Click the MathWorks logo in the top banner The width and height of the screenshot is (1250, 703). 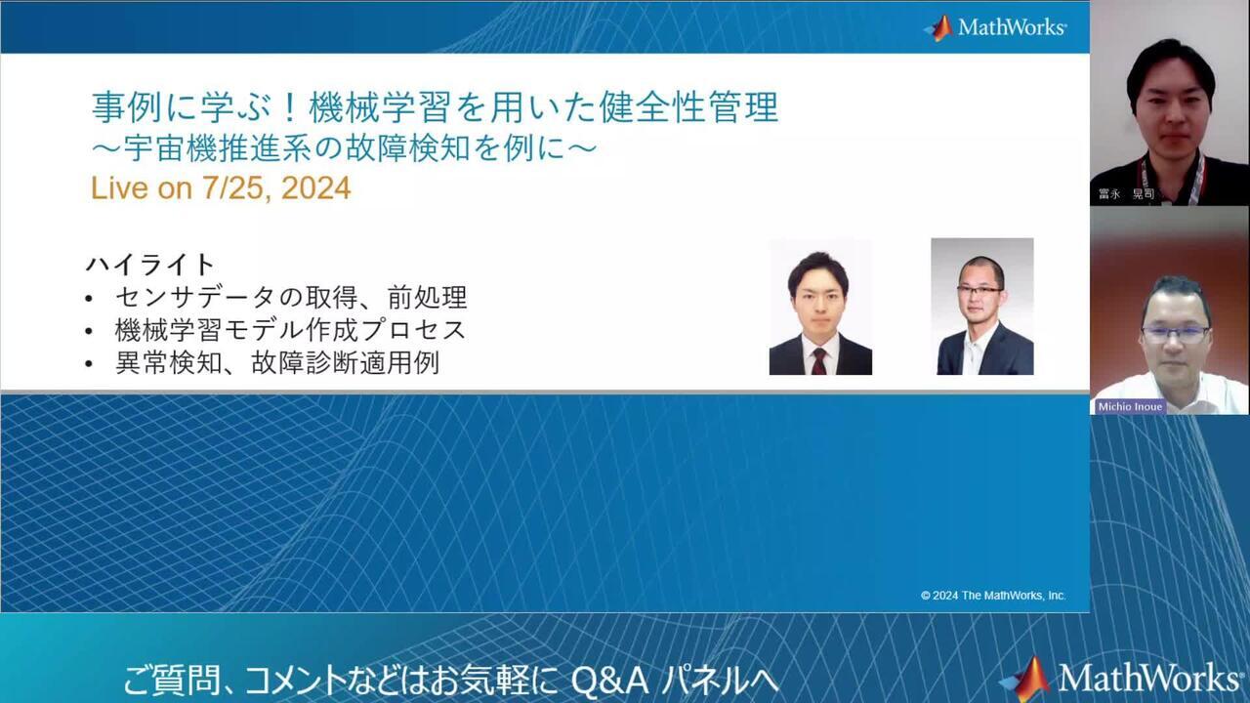995,27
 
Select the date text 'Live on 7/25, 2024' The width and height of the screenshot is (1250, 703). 221,188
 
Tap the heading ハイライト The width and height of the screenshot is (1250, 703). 150,265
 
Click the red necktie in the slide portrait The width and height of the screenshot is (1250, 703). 818,359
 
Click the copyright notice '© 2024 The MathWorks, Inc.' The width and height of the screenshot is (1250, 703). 993,595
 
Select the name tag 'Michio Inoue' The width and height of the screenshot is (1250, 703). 1129,406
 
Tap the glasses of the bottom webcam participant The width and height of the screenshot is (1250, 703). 1175,334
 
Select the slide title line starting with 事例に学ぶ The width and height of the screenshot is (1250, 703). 435,106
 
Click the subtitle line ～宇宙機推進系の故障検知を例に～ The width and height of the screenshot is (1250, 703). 343,148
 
